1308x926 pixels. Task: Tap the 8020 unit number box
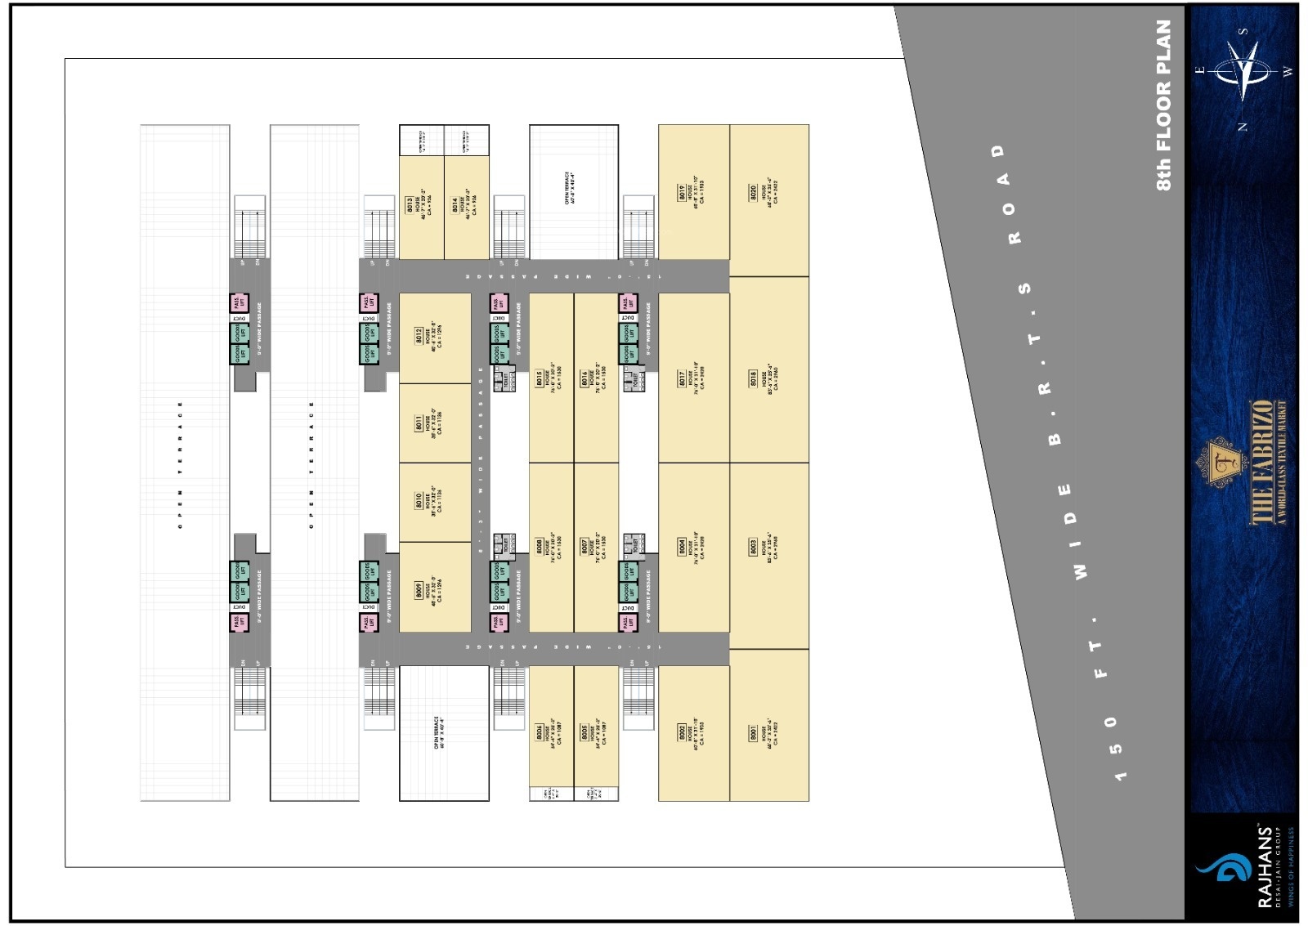(x=753, y=193)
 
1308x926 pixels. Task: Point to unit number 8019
(x=682, y=193)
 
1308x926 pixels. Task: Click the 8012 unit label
(x=419, y=336)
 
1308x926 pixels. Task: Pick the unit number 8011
(x=419, y=423)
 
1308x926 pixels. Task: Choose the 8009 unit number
(x=419, y=591)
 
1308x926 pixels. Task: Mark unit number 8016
(x=585, y=378)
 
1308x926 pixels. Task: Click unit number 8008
(x=540, y=546)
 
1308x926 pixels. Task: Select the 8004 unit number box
(x=682, y=546)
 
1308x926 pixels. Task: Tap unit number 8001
(x=753, y=734)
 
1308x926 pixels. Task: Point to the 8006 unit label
(x=585, y=733)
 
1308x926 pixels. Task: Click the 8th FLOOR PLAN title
(x=1164, y=105)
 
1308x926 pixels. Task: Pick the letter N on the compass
(x=1243, y=127)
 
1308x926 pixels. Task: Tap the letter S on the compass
(x=1243, y=31)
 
